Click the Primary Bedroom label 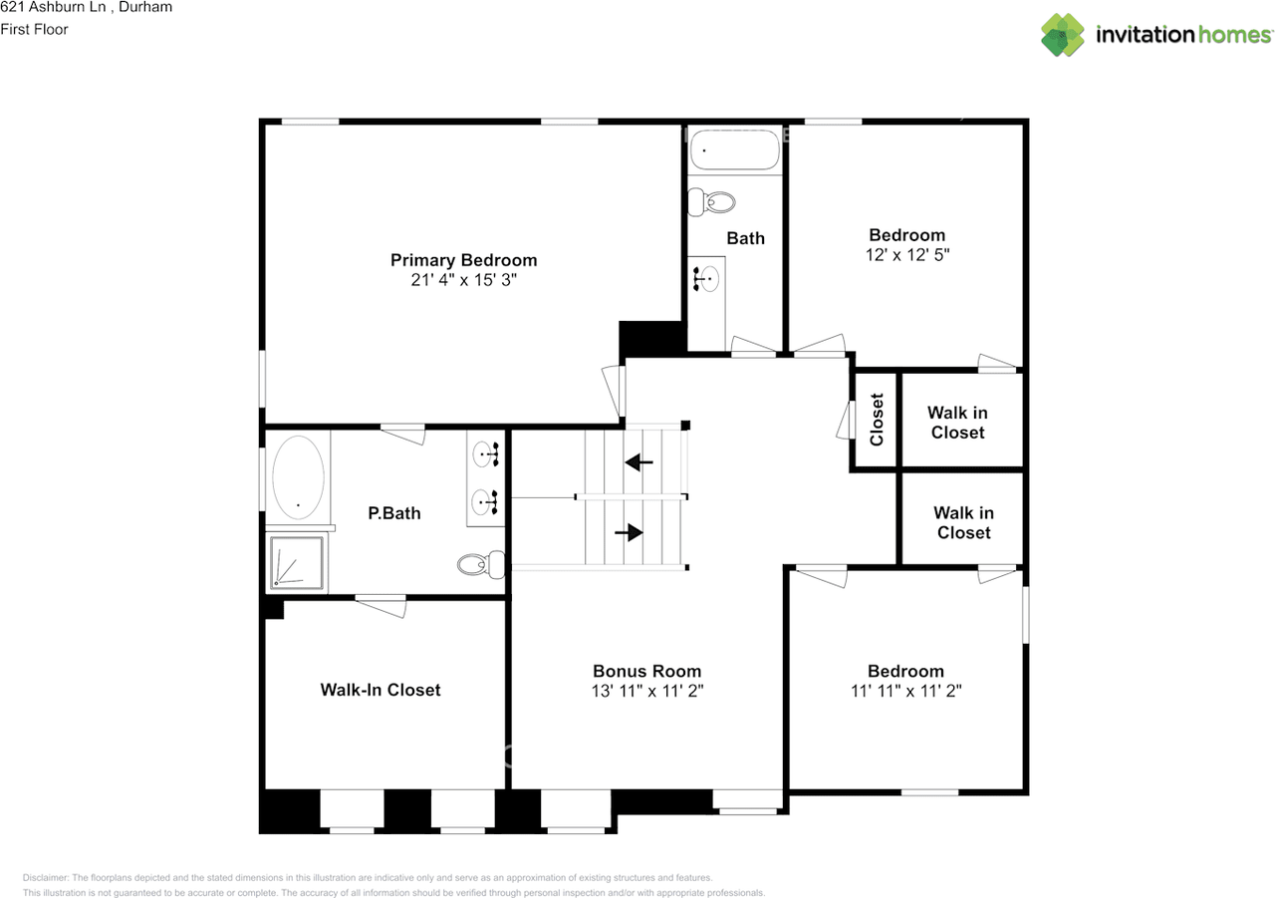click(x=463, y=260)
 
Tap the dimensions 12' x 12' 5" click(x=907, y=254)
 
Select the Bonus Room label click(x=647, y=671)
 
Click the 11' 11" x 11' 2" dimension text click(x=905, y=691)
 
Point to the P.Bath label click(x=393, y=513)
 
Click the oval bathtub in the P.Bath click(x=298, y=477)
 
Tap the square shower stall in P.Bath click(x=297, y=562)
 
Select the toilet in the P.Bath click(x=481, y=564)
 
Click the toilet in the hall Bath click(x=711, y=202)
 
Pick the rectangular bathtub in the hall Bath click(x=735, y=150)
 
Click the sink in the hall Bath click(x=706, y=279)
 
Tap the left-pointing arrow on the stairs click(x=638, y=461)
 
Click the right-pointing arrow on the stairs click(x=629, y=532)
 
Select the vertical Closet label click(x=877, y=420)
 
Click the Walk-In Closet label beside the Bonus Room click(x=381, y=690)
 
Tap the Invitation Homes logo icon click(x=1063, y=35)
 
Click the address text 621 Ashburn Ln click(x=53, y=7)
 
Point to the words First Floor click(x=34, y=29)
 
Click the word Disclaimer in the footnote click(x=46, y=877)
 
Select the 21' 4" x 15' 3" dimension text click(x=463, y=280)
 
